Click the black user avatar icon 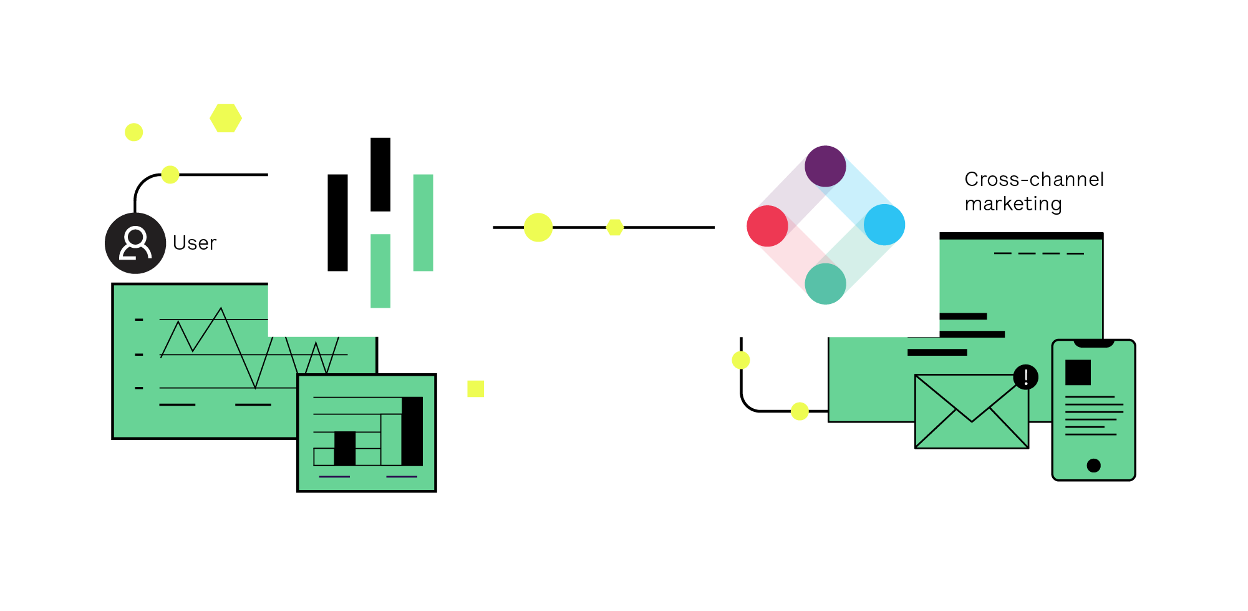pyautogui.click(x=135, y=243)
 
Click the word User pyautogui.click(x=195, y=243)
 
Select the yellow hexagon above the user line pyautogui.click(x=226, y=118)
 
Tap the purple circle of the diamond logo pyautogui.click(x=825, y=166)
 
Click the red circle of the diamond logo pyautogui.click(x=767, y=226)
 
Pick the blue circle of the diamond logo pyautogui.click(x=884, y=225)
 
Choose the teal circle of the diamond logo pyautogui.click(x=825, y=283)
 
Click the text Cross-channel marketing pyautogui.click(x=1033, y=191)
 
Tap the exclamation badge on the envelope pyautogui.click(x=1025, y=377)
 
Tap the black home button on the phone pyautogui.click(x=1093, y=465)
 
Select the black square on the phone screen pyautogui.click(x=1078, y=373)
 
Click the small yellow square pyautogui.click(x=475, y=389)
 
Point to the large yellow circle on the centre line pyautogui.click(x=538, y=227)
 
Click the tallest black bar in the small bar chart pyautogui.click(x=412, y=431)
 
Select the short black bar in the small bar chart pyautogui.click(x=345, y=448)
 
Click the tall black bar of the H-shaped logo pyautogui.click(x=337, y=222)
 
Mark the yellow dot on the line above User pyautogui.click(x=170, y=175)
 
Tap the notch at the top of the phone pyautogui.click(x=1093, y=343)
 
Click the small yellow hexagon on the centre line pyautogui.click(x=615, y=227)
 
